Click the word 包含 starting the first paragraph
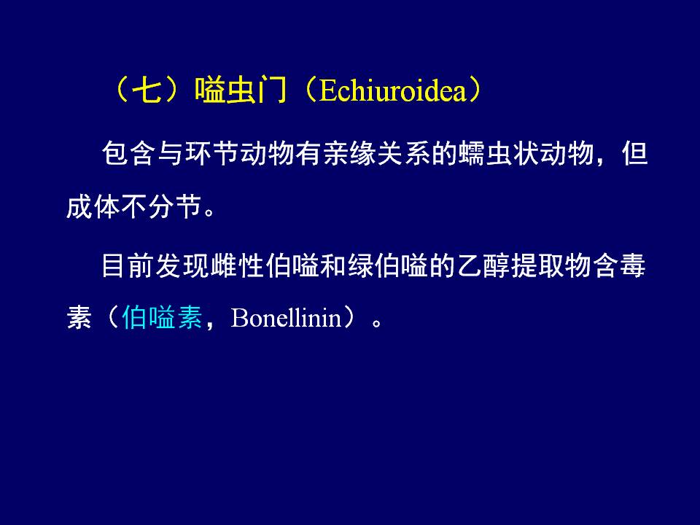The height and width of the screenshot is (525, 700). (x=129, y=154)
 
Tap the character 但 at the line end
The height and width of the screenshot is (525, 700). (x=634, y=154)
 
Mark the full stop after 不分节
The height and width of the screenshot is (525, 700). (x=209, y=211)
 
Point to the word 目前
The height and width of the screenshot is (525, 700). (x=128, y=266)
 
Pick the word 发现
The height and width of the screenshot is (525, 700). (x=183, y=266)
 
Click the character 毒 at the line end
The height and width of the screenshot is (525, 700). (x=633, y=266)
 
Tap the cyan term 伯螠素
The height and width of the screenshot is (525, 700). (x=162, y=317)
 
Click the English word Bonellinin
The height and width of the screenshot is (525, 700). (x=286, y=318)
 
